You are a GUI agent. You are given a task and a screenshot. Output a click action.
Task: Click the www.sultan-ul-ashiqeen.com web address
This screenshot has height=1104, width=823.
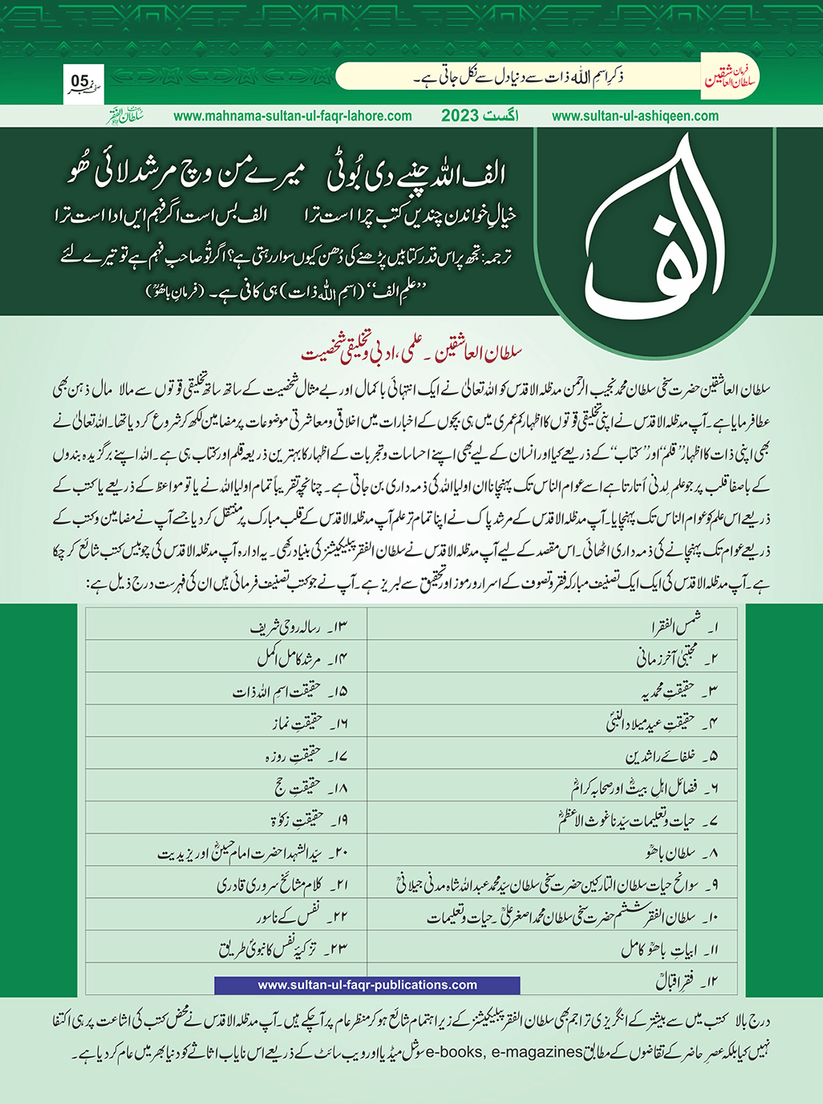635,116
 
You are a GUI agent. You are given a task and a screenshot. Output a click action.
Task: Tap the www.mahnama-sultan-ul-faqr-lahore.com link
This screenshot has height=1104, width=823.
293,116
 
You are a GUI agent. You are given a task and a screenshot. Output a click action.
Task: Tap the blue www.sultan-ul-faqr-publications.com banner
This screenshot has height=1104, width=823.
367,984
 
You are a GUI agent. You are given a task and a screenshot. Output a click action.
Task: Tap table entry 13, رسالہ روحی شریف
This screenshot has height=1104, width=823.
298,627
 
